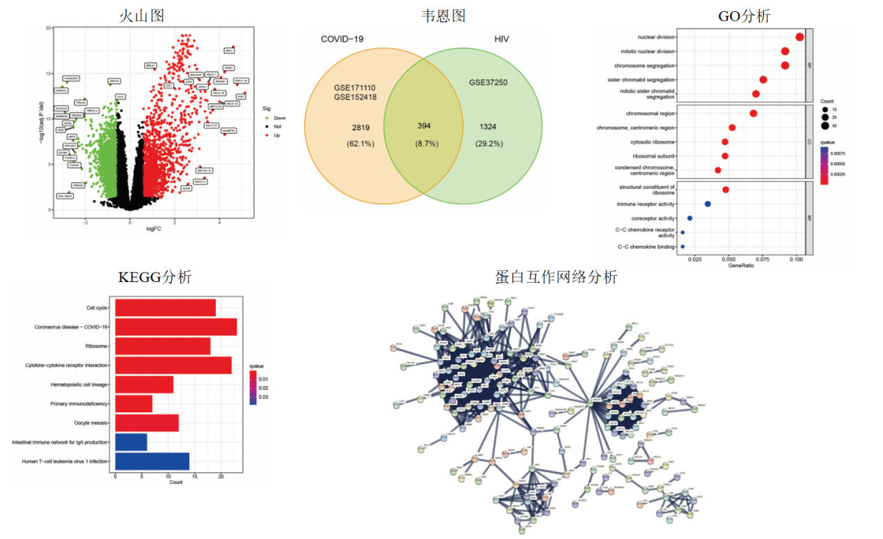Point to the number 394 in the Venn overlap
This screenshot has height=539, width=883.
[424, 126]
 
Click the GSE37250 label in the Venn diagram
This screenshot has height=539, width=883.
[488, 83]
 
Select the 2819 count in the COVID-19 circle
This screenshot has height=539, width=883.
[360, 127]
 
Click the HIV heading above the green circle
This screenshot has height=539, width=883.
[501, 39]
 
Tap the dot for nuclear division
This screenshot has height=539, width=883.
[800, 37]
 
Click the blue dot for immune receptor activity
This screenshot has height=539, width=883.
[708, 204]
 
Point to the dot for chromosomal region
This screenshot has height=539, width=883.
[753, 113]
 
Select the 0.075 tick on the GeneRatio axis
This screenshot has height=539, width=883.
[763, 258]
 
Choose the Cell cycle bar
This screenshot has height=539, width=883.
[166, 307]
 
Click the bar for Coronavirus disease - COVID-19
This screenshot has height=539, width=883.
[176, 327]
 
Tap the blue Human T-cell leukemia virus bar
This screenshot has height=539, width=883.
[152, 461]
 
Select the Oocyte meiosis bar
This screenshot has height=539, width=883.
[147, 423]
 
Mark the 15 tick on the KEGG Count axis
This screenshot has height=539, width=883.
[195, 476]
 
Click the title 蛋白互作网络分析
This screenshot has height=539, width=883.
[556, 277]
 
